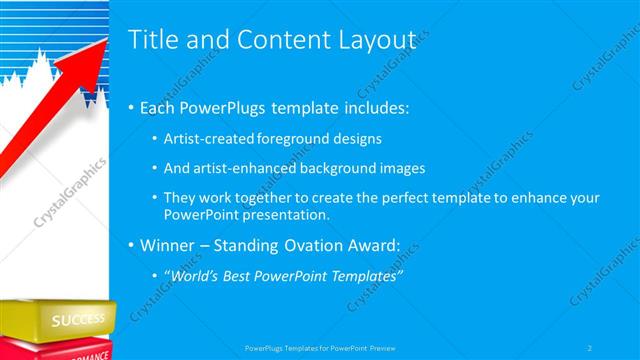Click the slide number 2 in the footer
(590, 348)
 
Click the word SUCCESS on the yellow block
(78, 320)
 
